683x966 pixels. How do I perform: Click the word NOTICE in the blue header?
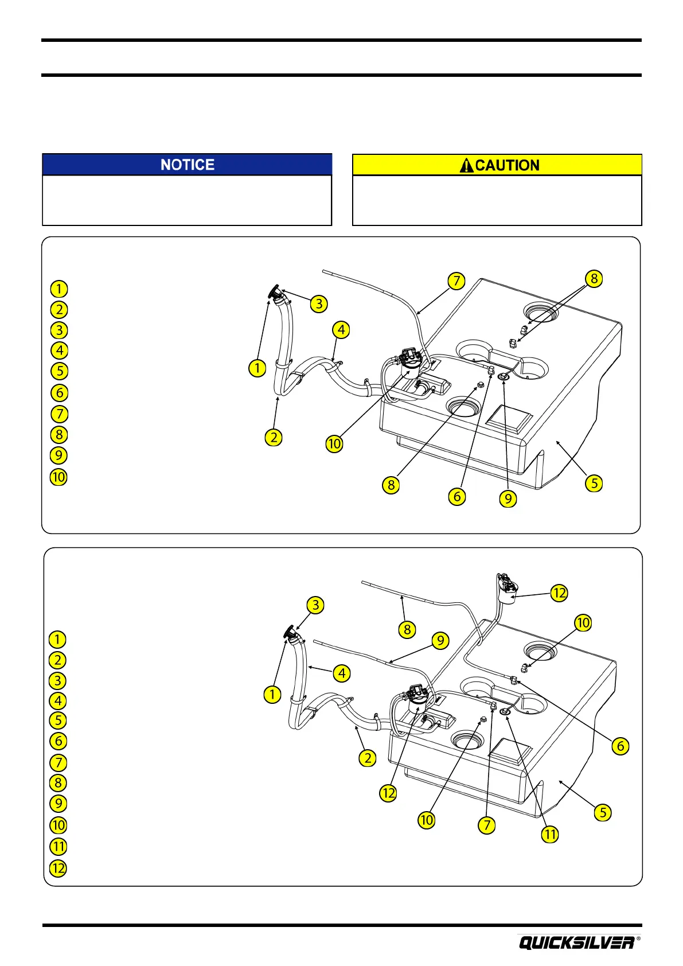[x=188, y=165]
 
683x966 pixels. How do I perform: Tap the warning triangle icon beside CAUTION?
[x=467, y=166]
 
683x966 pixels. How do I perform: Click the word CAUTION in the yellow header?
[x=508, y=166]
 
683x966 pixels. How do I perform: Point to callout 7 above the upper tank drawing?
[x=456, y=281]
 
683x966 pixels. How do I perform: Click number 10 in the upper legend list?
[x=58, y=477]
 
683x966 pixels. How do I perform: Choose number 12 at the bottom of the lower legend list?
[x=58, y=868]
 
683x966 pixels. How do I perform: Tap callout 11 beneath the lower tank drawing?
[x=550, y=834]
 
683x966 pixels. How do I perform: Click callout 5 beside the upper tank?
[x=594, y=483]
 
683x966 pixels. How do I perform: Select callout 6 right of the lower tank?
[x=620, y=746]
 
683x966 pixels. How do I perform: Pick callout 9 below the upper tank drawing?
[x=508, y=498]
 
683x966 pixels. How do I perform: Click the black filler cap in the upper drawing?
[x=274, y=293]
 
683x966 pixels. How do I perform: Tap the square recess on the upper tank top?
[x=509, y=417]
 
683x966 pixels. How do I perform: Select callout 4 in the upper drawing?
[x=341, y=330]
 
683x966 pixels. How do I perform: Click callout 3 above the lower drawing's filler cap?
[x=315, y=605]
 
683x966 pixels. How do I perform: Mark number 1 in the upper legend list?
[x=58, y=289]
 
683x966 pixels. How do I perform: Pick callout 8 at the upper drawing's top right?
[x=594, y=279]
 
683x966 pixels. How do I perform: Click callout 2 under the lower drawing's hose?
[x=367, y=758]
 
